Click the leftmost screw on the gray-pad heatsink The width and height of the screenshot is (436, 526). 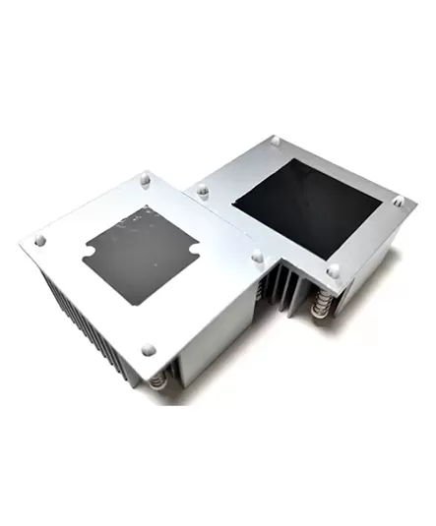(39, 240)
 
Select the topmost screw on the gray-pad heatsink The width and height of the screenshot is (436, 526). (145, 181)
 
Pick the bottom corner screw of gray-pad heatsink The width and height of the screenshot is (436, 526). (148, 348)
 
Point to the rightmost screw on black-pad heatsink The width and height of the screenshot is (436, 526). (398, 201)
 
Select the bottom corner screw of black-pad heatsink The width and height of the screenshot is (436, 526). (334, 269)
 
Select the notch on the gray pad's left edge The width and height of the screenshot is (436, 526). (86, 260)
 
